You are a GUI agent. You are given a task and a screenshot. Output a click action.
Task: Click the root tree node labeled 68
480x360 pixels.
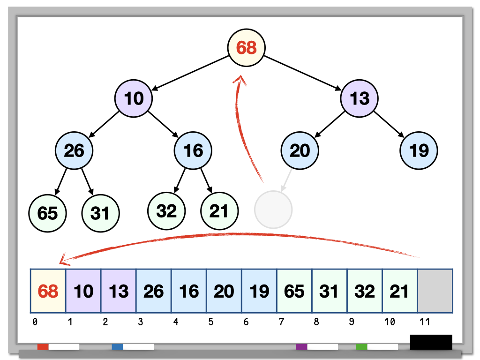247,47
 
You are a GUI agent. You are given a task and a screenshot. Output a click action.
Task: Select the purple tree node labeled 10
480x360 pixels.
134,98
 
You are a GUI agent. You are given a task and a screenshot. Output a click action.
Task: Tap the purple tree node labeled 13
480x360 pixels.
359,98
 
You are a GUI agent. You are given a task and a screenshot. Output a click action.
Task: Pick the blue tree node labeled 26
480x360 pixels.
74,150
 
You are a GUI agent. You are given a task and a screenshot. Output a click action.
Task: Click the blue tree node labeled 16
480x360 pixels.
193,150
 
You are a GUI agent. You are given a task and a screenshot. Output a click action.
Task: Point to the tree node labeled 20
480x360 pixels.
300,150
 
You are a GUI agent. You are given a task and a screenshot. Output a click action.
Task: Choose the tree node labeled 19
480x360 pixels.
419,150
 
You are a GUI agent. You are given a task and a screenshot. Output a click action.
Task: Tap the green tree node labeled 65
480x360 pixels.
47,213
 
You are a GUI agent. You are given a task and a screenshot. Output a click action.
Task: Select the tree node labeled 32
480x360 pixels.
166,211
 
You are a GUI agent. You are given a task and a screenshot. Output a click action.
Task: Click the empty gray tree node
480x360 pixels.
273,210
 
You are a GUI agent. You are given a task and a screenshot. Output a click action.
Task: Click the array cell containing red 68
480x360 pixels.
48,291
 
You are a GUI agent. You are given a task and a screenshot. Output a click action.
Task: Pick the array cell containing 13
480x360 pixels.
119,291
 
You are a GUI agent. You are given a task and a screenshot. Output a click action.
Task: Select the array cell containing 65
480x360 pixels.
294,291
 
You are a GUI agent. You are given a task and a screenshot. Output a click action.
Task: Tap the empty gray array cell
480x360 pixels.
435,291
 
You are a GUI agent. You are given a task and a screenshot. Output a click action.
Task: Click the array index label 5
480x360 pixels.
211,322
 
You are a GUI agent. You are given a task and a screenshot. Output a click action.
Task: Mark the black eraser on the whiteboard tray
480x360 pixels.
431,342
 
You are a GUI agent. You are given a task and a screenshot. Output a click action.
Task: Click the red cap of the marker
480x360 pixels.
43,347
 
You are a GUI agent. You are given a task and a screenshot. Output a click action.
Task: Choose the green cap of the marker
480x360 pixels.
361,347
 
